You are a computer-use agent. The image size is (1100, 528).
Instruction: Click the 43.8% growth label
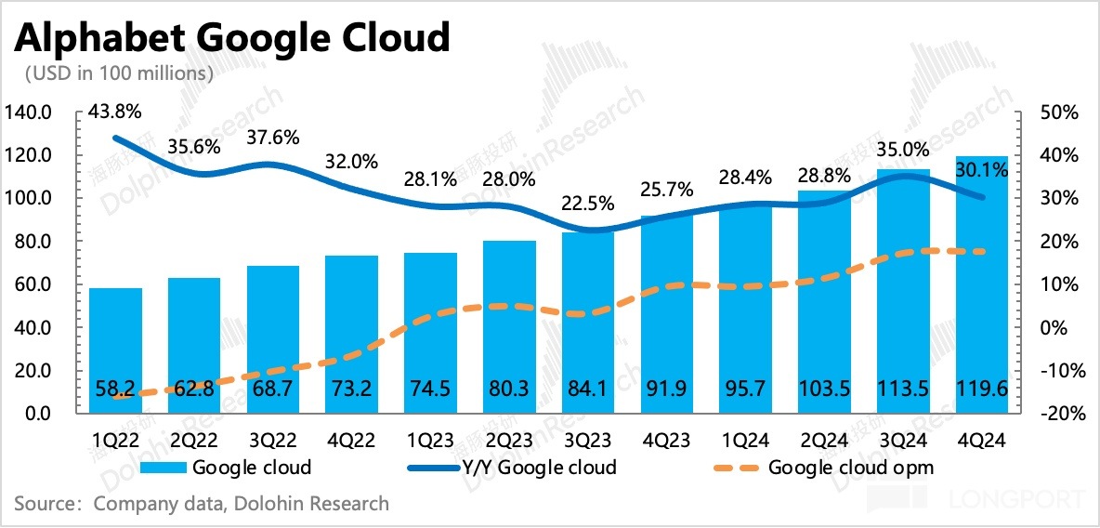[115, 112]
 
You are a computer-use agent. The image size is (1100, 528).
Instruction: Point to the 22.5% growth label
[588, 203]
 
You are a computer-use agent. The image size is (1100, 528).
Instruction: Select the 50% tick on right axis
[1058, 112]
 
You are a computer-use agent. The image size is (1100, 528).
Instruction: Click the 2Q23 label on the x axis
[509, 438]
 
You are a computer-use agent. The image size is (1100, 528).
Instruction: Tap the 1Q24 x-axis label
[745, 438]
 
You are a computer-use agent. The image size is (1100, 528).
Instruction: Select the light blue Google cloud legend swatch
[165, 467]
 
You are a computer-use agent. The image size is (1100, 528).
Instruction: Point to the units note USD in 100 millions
[120, 73]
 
